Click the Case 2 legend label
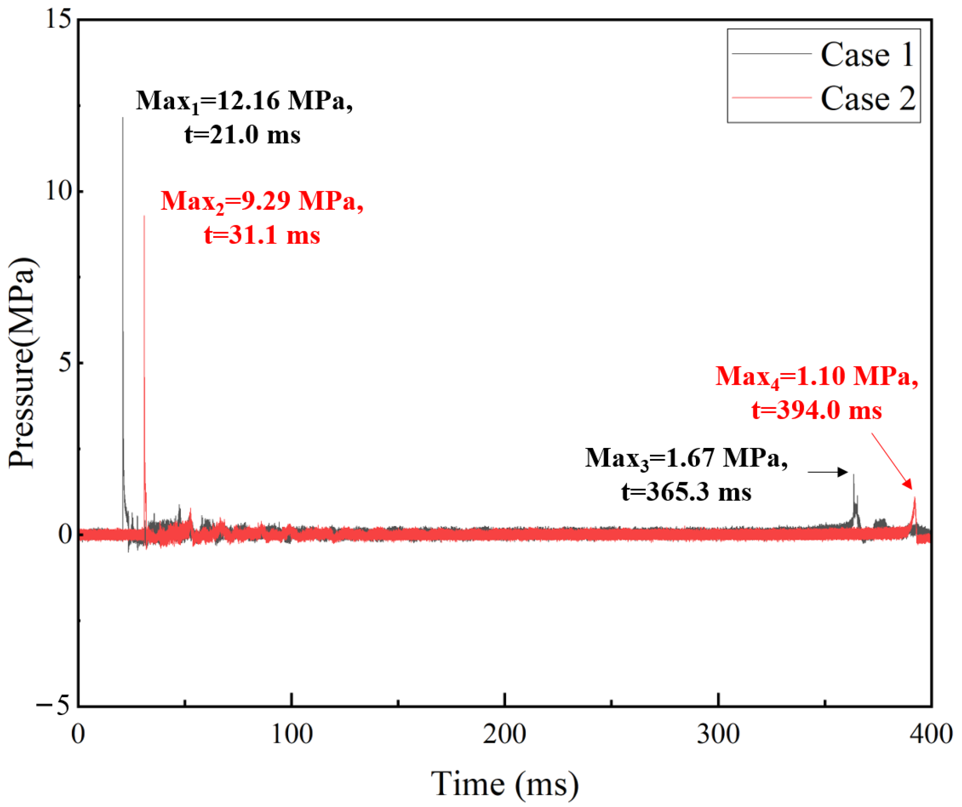point(868,98)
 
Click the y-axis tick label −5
point(54,705)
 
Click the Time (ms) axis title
point(504,785)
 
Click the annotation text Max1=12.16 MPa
point(244,101)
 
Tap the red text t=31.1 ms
point(261,236)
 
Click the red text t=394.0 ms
point(816,410)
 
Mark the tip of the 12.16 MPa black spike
point(123,119)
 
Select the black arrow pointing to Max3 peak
point(827,472)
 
